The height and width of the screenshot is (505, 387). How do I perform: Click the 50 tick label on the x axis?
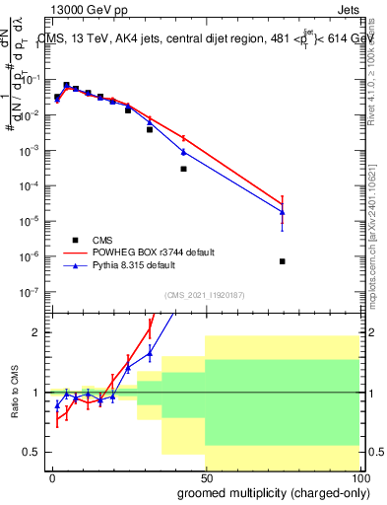[x=206, y=476]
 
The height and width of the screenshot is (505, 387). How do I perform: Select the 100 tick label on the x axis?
[x=358, y=476]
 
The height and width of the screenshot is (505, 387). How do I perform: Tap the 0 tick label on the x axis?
[x=53, y=476]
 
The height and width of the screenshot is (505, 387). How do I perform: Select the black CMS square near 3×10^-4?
[x=183, y=169]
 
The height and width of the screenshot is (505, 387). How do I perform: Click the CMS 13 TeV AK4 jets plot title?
[x=204, y=40]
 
